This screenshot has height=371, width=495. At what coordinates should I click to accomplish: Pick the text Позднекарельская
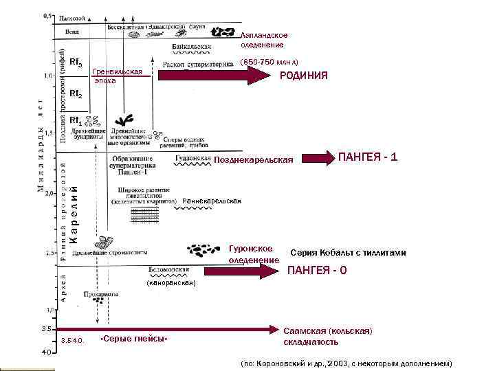254,160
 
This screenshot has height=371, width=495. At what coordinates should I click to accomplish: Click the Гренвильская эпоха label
118,76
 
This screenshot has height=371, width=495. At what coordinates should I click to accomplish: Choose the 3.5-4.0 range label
72,340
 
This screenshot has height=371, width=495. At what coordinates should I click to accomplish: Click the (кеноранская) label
171,282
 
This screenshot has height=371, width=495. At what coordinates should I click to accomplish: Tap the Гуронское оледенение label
254,254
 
